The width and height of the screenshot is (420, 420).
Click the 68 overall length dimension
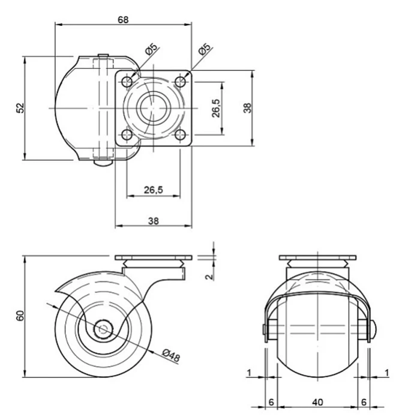point(123,19)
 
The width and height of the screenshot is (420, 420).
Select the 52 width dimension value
point(19,108)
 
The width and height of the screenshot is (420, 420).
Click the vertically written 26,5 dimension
point(215,109)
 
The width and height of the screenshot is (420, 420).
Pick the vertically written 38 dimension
point(247,108)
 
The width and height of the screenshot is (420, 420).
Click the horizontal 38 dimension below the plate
point(153,220)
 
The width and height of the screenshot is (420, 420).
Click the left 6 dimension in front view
point(271,401)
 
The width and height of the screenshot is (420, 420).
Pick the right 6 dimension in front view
point(363,401)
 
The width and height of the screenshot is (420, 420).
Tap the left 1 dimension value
point(249,373)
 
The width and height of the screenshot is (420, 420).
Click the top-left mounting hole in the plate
point(128,81)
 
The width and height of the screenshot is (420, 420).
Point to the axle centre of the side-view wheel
point(103,329)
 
